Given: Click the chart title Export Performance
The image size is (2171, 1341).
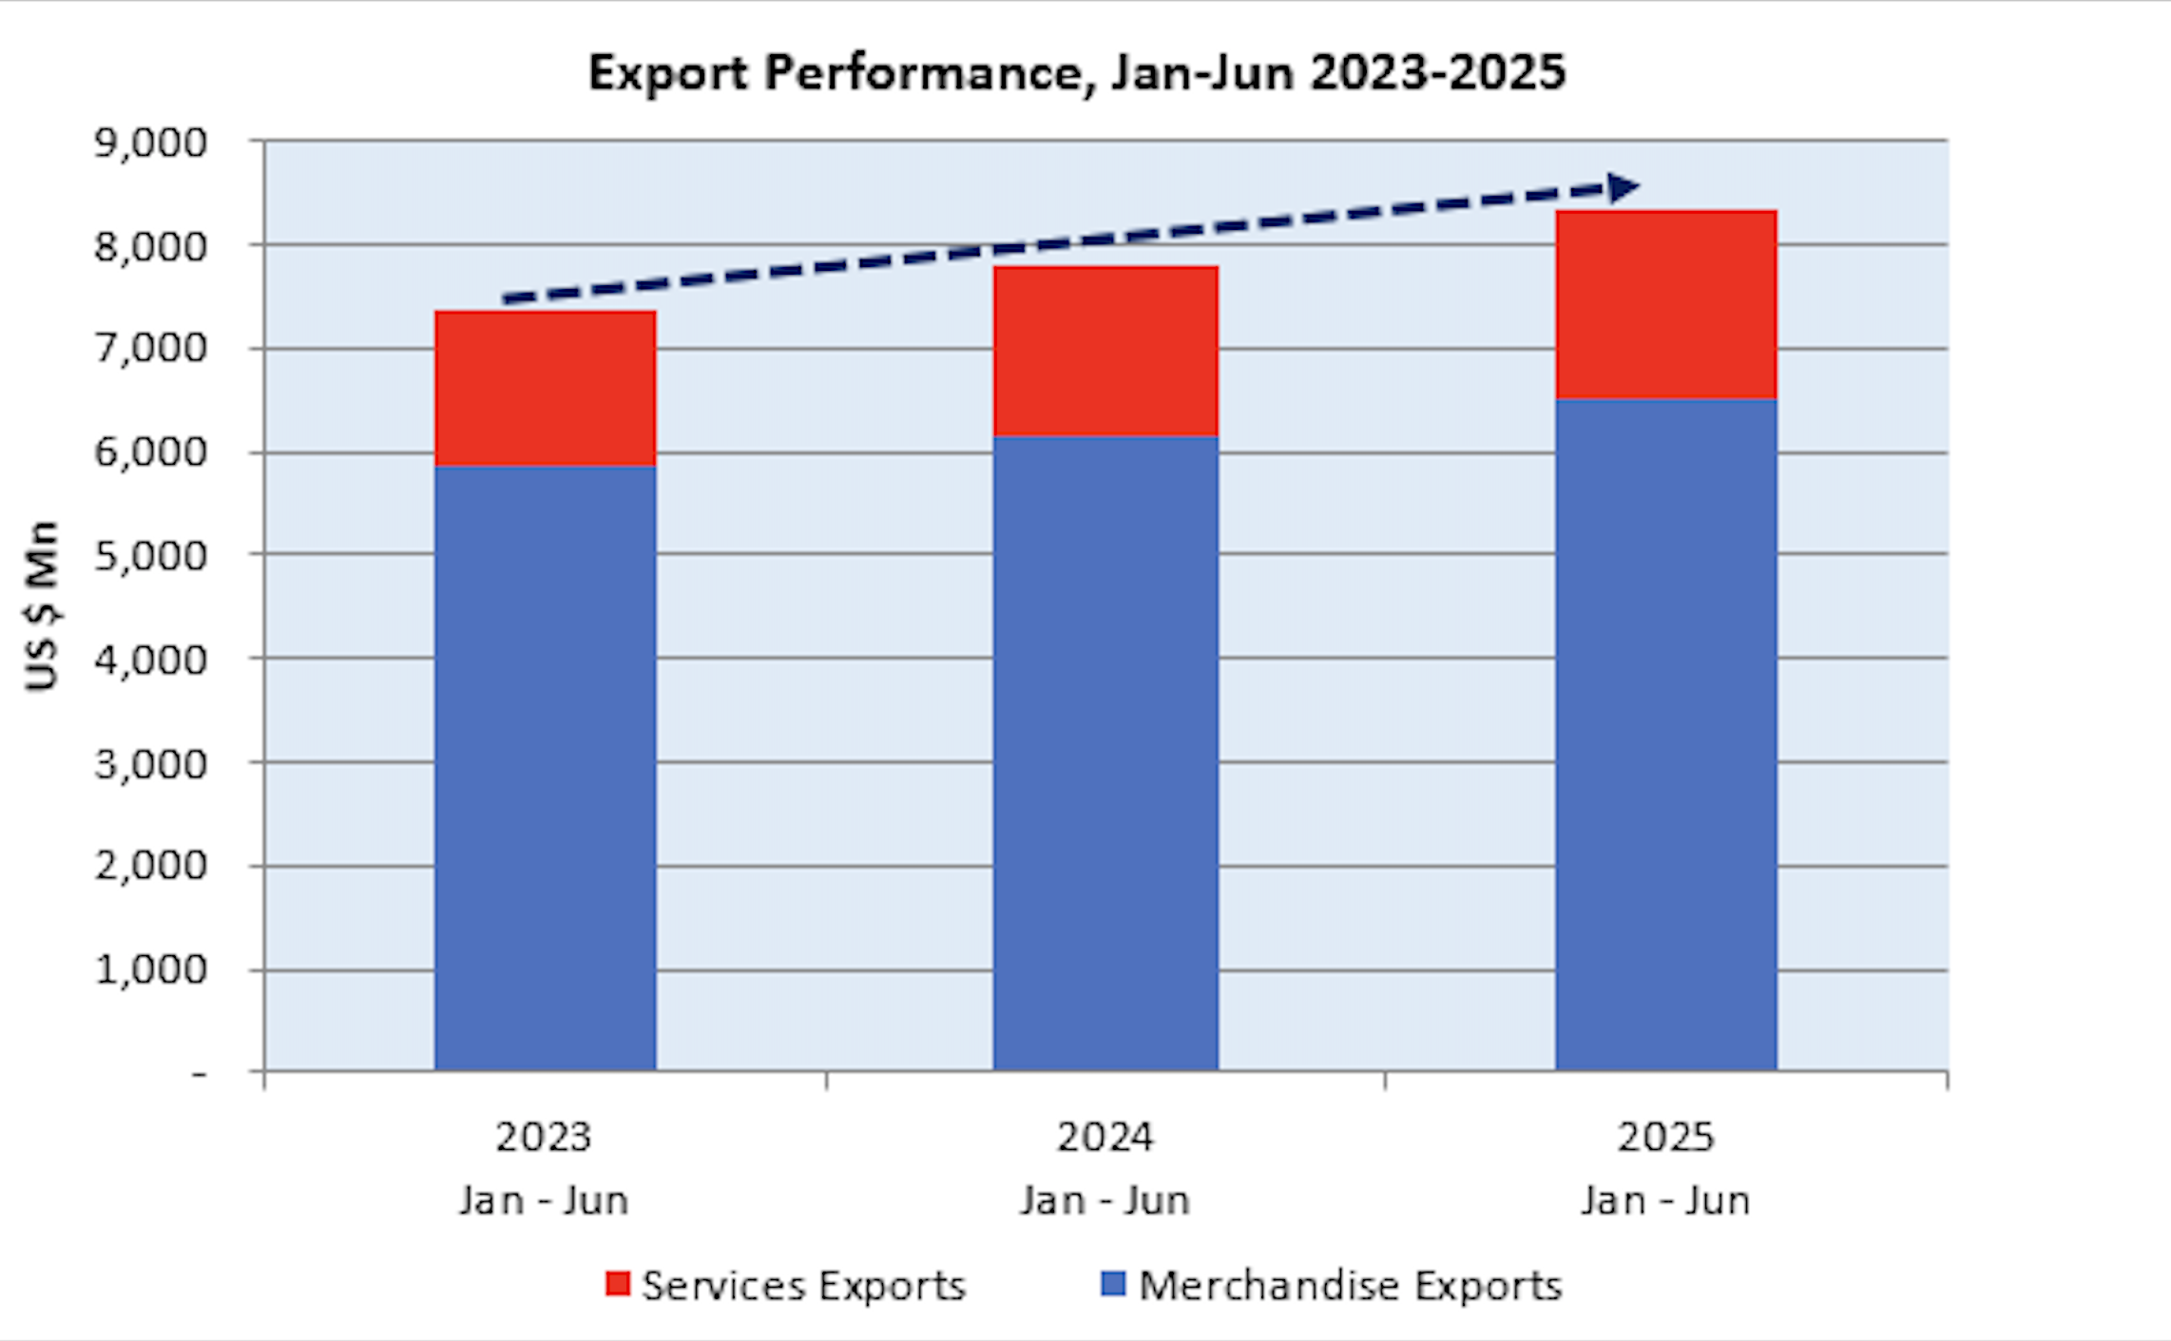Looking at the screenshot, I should pyautogui.click(x=1076, y=73).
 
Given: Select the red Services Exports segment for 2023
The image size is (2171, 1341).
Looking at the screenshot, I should pyautogui.click(x=545, y=388).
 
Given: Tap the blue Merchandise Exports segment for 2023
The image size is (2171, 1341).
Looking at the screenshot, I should pyautogui.click(x=545, y=768).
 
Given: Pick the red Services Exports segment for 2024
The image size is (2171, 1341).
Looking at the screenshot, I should pyautogui.click(x=1105, y=351).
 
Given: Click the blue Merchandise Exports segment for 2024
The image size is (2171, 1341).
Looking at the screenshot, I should pyautogui.click(x=1105, y=753).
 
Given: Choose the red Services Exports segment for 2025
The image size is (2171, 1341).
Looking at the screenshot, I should pyautogui.click(x=1665, y=304).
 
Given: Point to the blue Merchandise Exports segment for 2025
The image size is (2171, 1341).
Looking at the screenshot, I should pyautogui.click(x=1665, y=734).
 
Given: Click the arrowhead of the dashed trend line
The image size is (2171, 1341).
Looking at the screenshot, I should pyautogui.click(x=1623, y=187).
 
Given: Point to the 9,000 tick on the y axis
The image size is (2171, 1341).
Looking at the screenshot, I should pyautogui.click(x=150, y=144).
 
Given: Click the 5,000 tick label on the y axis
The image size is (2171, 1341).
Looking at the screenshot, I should pyautogui.click(x=150, y=556).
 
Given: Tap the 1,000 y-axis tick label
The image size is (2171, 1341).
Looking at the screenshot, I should pyautogui.click(x=150, y=970).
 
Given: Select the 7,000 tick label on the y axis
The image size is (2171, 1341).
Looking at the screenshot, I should pyautogui.click(x=150, y=349).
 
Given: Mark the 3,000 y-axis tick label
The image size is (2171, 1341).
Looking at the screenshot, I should pyautogui.click(x=150, y=764).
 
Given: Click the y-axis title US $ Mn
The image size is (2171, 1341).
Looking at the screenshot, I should pyautogui.click(x=43, y=605).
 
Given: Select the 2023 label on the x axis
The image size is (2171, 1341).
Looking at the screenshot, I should pyautogui.click(x=544, y=1137).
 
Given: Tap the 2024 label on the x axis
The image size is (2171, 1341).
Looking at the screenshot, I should pyautogui.click(x=1105, y=1137).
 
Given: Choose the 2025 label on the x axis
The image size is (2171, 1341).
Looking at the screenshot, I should pyautogui.click(x=1665, y=1137).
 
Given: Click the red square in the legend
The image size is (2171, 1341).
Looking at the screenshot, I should pyautogui.click(x=618, y=1284).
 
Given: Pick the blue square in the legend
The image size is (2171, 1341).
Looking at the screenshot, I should pyautogui.click(x=1113, y=1284).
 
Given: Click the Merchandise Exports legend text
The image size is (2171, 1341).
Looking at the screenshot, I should pyautogui.click(x=1350, y=1286).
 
